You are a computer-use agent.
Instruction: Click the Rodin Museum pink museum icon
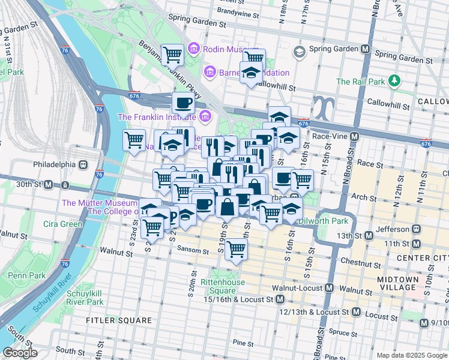(x=194, y=48)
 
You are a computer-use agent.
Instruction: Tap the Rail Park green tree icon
(x=394, y=81)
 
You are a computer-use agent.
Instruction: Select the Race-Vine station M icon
(x=355, y=137)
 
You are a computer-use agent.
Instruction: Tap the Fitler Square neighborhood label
(x=119, y=320)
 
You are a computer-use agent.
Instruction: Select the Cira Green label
(x=62, y=224)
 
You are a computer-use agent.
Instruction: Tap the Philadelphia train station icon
(x=83, y=164)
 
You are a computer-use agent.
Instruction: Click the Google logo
(x=20, y=353)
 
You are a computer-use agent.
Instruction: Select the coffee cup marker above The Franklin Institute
(x=183, y=103)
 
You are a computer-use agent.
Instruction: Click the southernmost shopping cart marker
(x=236, y=248)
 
